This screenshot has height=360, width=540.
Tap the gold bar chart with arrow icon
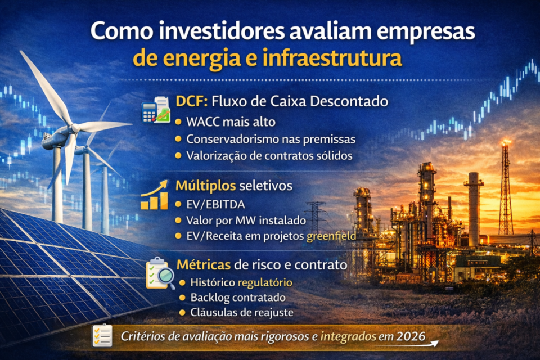(x=155, y=195)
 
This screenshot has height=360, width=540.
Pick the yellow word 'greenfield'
(x=331, y=236)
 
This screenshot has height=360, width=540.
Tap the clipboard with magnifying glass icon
(x=160, y=273)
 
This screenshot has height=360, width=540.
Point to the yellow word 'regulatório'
(x=265, y=282)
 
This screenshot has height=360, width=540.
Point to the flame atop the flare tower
(x=507, y=143)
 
